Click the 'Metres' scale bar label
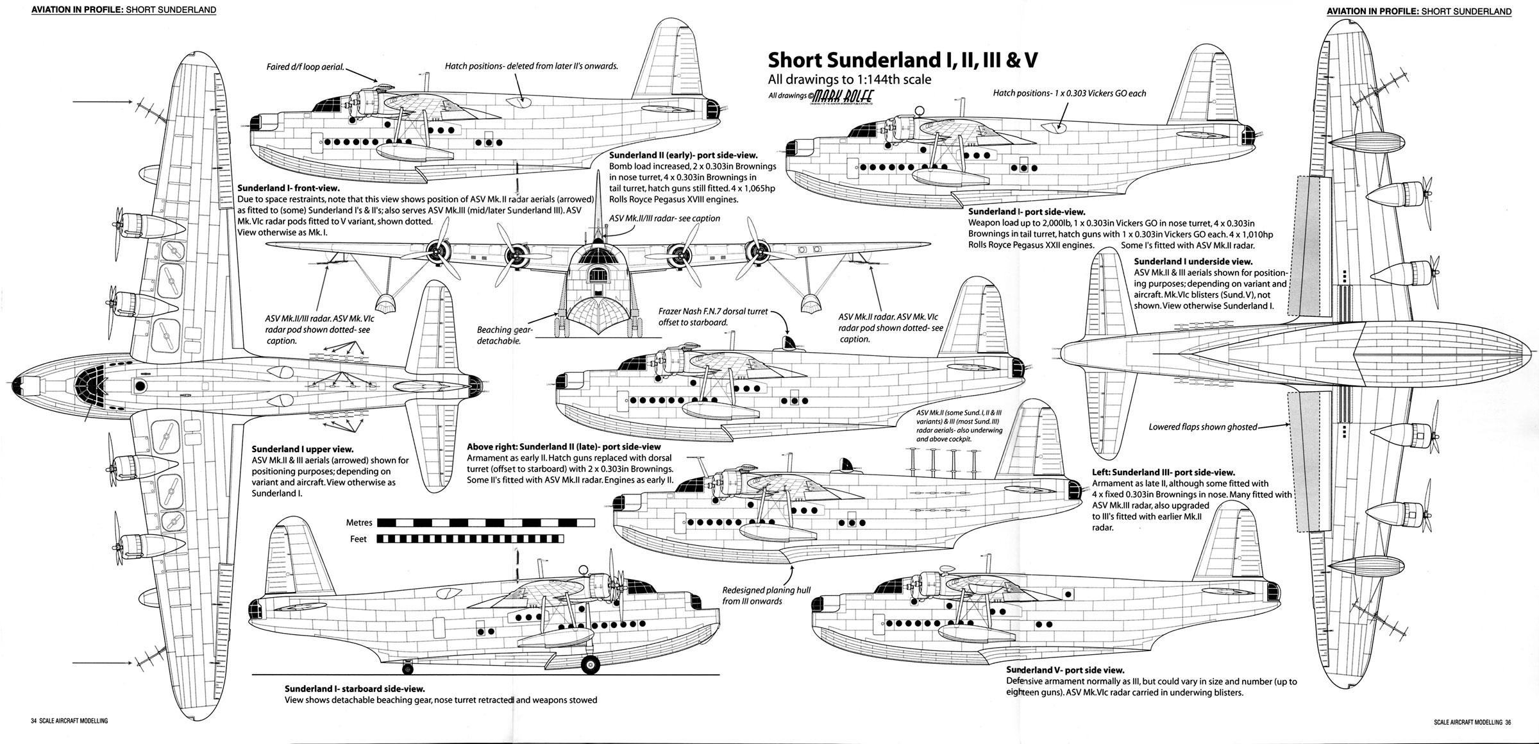[358, 523]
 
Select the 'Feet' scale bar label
[358, 539]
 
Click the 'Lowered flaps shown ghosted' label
[1202, 427]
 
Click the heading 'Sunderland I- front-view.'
[288, 189]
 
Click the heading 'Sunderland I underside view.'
[1193, 262]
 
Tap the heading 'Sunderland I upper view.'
[303, 450]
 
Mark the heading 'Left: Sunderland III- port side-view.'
[1163, 472]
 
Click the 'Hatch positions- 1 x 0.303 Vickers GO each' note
[1070, 94]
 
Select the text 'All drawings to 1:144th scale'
[849, 80]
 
